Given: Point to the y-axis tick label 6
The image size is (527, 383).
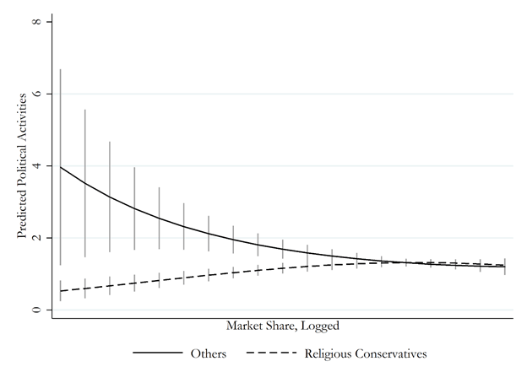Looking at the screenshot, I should pos(35,94).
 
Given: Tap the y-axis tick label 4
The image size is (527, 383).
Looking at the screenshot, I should pos(35,166).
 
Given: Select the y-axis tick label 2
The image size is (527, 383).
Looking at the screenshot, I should pos(35,239).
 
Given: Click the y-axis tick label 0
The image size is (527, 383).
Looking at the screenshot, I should pos(35,310).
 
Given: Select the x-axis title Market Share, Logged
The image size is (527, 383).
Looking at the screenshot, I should pos(283,325).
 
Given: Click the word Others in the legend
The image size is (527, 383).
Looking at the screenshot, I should pos(209,354).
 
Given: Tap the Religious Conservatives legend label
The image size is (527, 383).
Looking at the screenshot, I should pos(366,354).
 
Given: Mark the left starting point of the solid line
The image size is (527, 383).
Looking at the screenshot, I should pos(60,167).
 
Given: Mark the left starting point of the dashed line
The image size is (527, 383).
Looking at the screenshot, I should pos(60,291).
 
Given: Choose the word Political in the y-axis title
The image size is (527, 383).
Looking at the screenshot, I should pos(22,170).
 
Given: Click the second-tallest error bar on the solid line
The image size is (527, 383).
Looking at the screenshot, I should pos(84,183).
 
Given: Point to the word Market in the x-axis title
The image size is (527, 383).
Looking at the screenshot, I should pos(245,325).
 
